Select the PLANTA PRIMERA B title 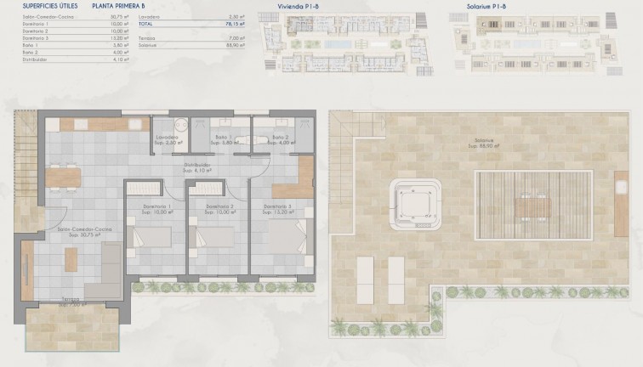127,5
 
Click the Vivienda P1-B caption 299,5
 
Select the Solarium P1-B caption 488,5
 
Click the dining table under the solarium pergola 532,206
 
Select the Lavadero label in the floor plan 166,138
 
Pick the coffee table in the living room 71,259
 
